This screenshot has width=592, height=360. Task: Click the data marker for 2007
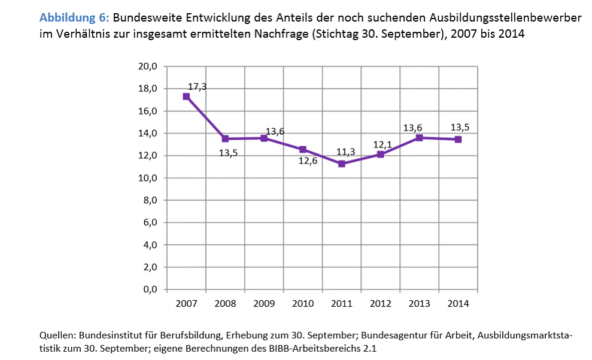[x=186, y=96]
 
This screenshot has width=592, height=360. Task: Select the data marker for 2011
[x=341, y=164]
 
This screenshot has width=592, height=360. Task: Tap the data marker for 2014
[x=458, y=139]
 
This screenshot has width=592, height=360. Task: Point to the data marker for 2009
[x=264, y=138]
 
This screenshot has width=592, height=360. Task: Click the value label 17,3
[x=197, y=87]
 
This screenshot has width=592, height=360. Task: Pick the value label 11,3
[x=345, y=152]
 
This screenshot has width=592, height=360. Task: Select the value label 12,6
[x=309, y=161]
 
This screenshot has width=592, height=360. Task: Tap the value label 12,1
[x=383, y=144]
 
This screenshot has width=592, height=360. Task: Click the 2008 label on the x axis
[x=225, y=304]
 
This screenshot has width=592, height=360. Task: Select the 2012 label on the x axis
[x=380, y=304]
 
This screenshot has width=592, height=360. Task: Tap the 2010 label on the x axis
[x=303, y=304]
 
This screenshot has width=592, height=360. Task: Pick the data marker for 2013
[x=419, y=138]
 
